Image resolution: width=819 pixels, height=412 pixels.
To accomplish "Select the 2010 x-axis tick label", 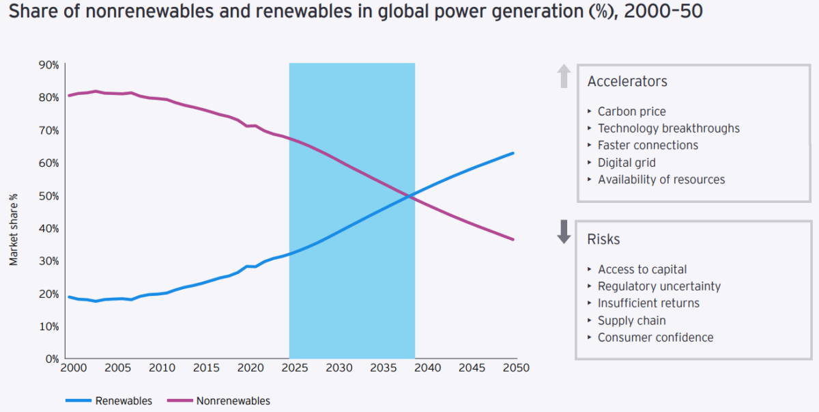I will [x=161, y=368].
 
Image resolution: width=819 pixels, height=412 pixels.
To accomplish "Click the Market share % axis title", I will [x=14, y=229].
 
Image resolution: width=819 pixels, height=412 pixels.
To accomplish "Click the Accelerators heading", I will [x=627, y=81].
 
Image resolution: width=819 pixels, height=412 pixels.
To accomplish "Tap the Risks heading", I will [x=603, y=239].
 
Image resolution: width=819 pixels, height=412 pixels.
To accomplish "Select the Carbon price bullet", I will [x=631, y=111].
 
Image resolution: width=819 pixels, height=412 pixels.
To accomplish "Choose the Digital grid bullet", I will [x=627, y=163].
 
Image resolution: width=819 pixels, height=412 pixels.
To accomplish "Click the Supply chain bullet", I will [x=631, y=320].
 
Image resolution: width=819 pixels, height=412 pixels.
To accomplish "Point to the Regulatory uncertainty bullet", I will [x=659, y=286].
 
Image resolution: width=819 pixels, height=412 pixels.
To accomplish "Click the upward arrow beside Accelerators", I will [x=564, y=76].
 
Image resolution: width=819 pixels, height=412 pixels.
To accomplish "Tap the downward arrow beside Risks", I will [x=564, y=232].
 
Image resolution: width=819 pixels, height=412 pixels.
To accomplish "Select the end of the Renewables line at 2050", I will [x=513, y=153].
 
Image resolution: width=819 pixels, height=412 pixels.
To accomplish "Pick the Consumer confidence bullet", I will [x=655, y=338].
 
